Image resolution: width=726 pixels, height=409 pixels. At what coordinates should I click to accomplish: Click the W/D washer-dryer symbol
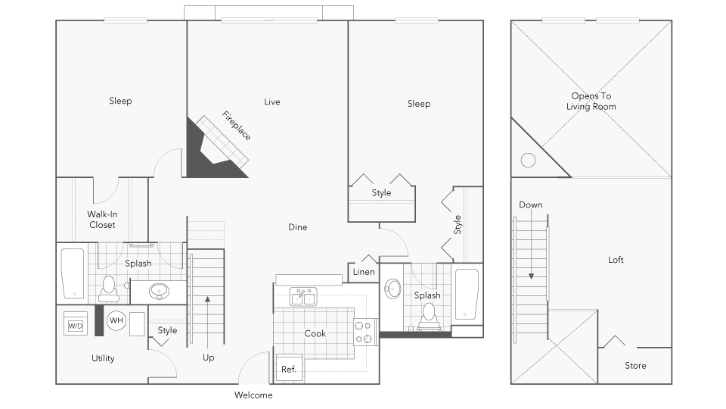pos(76,325)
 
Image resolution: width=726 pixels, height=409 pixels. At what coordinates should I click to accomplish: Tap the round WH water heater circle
pos(116,321)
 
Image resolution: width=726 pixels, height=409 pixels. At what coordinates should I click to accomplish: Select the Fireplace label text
pos(237,126)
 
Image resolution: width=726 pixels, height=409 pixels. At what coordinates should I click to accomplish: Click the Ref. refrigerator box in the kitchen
pos(288,369)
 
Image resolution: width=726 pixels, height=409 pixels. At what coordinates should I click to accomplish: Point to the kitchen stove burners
pos(365,330)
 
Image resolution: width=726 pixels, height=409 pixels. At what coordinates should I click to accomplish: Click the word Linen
pos(364,272)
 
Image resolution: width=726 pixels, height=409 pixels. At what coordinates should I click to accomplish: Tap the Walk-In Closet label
pos(102,220)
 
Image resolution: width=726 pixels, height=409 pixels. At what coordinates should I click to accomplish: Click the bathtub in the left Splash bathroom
pos(73,273)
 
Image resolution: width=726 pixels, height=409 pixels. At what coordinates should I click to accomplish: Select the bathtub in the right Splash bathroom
pos(467,294)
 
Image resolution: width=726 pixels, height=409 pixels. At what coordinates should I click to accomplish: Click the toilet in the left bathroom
pos(107,287)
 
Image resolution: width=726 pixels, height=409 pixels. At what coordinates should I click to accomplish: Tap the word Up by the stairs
pos(209,357)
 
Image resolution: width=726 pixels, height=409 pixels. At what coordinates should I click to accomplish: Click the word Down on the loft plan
pos(531,204)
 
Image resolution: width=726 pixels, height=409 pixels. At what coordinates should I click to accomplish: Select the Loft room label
pos(616,260)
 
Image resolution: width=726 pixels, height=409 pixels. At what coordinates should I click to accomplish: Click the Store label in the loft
pos(635,366)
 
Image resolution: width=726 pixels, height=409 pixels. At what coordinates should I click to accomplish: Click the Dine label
pos(298,227)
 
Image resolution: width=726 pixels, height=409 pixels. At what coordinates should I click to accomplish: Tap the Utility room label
pos(103,358)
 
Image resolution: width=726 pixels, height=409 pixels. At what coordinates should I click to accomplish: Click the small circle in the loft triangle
pos(529,160)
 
